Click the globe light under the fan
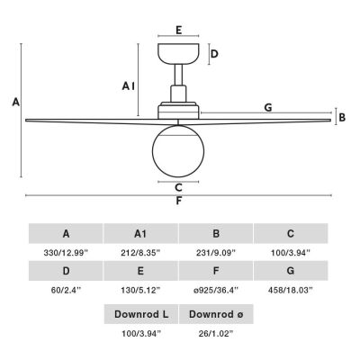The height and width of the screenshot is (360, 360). (178, 151)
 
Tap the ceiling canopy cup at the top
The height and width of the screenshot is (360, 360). (178, 53)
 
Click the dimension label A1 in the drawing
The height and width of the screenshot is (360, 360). (129, 86)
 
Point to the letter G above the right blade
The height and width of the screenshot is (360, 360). (268, 107)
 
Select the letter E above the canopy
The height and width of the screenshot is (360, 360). (179, 31)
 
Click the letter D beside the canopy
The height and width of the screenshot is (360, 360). (214, 54)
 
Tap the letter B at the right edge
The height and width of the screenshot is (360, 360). (342, 117)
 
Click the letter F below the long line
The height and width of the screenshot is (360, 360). (179, 201)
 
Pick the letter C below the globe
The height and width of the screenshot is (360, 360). (178, 187)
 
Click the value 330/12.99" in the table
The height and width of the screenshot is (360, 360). (66, 253)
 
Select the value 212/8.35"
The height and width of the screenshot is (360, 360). (140, 253)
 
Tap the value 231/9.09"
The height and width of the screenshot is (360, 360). (216, 253)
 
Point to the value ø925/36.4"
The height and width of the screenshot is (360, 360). (216, 290)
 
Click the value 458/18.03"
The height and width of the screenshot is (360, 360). (291, 290)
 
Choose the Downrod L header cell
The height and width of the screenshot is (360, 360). (141, 314)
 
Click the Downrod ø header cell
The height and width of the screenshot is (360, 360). (216, 314)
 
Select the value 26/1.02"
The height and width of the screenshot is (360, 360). (216, 333)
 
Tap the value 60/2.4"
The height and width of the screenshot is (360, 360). (66, 290)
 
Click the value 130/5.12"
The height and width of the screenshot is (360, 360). (140, 290)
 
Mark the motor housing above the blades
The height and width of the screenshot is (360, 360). (178, 111)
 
